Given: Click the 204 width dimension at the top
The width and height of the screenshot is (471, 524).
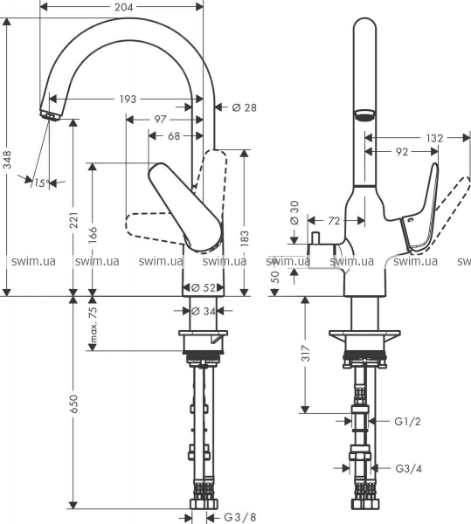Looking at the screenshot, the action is pos(124,7).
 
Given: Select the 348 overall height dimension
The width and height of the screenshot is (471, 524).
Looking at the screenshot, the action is pos(7,160).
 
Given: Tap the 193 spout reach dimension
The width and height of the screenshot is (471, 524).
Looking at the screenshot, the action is pos(128,100).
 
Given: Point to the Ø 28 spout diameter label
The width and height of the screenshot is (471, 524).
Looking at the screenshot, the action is pos(245,107).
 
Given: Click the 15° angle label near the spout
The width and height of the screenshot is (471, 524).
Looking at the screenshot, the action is pos(42,183).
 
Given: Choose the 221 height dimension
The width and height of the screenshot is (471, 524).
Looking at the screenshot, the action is pos(74,219).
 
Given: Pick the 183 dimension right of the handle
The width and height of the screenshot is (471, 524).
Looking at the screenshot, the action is pos(245,238).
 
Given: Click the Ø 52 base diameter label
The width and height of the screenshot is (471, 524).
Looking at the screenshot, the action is pos(204,287).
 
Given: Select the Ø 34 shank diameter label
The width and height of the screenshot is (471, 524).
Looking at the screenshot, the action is pos(204,312).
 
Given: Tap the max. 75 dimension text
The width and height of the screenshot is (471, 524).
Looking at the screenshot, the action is pos(93,325).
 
